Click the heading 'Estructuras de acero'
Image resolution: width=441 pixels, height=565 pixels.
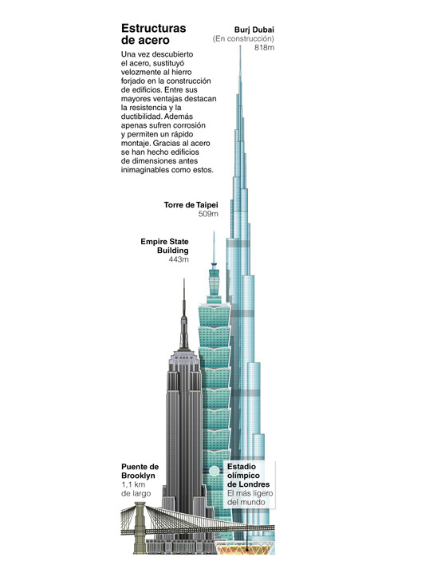pyautogui.click(x=154, y=34)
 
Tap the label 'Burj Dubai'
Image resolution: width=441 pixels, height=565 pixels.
pyautogui.click(x=254, y=30)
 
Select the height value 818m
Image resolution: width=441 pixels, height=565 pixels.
pyautogui.click(x=264, y=48)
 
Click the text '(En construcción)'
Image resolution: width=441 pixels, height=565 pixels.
pyautogui.click(x=243, y=38)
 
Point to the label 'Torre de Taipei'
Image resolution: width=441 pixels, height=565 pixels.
pyautogui.click(x=191, y=205)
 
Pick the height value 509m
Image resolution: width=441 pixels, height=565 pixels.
pyautogui.click(x=208, y=214)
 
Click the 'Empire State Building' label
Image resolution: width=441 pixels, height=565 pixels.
pyautogui.click(x=164, y=246)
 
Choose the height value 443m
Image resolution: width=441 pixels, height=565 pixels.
pyautogui.click(x=179, y=259)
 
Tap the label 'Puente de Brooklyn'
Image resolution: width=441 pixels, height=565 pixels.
pyautogui.click(x=140, y=471)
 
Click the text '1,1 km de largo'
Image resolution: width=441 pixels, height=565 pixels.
pyautogui.click(x=136, y=489)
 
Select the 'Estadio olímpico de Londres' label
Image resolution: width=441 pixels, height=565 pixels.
pyautogui.click(x=248, y=476)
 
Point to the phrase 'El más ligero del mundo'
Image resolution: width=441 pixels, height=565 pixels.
pyautogui.click(x=250, y=498)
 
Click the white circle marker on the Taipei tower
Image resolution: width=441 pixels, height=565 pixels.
pyautogui.click(x=215, y=471)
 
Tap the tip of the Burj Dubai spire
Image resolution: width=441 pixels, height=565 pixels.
pyautogui.click(x=241, y=46)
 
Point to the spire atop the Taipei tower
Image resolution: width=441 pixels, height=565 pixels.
pyautogui.click(x=214, y=247)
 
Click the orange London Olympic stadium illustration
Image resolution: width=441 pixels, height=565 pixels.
pyautogui.click(x=246, y=548)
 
